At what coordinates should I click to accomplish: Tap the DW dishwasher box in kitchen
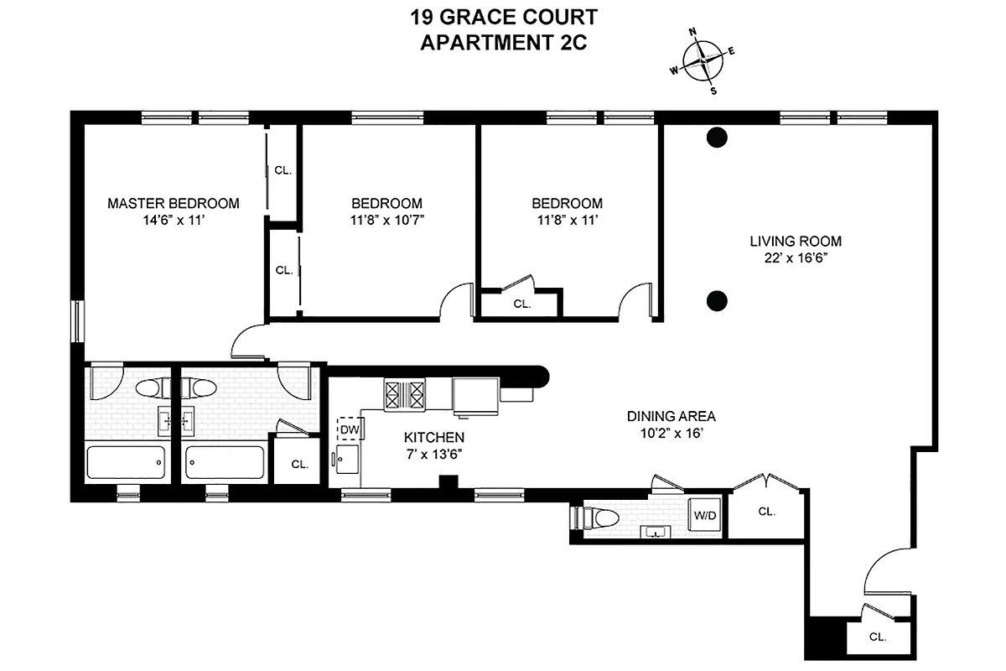[x=349, y=429]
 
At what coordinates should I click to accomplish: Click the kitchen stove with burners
[x=406, y=394]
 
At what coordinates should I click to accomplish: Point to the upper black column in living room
[x=716, y=138]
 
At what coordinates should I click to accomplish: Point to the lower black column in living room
[x=716, y=299]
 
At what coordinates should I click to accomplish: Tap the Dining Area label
[x=672, y=416]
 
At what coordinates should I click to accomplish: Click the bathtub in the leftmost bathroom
[x=126, y=462]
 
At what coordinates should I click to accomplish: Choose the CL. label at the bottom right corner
[x=877, y=637]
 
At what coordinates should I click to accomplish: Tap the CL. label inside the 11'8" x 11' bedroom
[x=521, y=304]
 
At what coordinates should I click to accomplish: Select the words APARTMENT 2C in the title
[x=502, y=44]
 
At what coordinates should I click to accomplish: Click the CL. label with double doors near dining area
[x=766, y=511]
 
